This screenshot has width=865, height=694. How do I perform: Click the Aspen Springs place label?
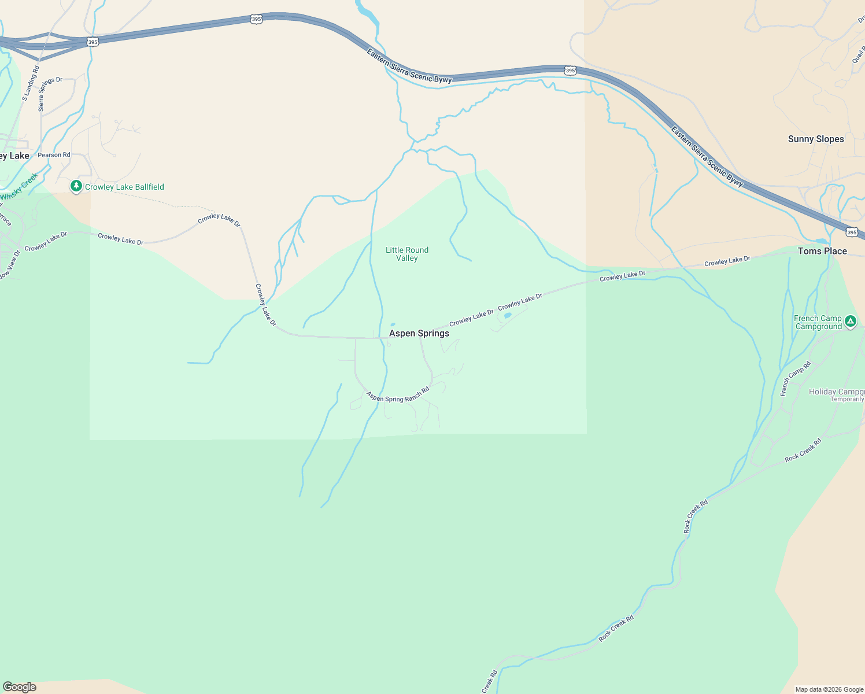pos(419,333)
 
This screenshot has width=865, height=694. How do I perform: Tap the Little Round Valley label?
pos(407,254)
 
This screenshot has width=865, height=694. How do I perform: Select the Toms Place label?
pos(822,251)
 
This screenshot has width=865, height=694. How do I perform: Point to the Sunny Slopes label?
pos(816,139)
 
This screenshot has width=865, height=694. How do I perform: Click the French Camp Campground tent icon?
pos(850,322)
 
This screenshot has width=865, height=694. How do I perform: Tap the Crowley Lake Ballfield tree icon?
pos(76,186)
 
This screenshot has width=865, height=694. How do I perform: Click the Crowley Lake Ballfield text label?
pos(124,187)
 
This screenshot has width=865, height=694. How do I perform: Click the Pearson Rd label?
pos(54,155)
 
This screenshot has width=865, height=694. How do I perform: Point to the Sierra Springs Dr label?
pos(50,93)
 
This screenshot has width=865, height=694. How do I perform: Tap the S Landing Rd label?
pos(31,83)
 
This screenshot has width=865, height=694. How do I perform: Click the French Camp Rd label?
pos(796,379)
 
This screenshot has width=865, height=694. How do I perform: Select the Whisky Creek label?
pos(19,187)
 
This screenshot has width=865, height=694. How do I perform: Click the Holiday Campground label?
pos(836,392)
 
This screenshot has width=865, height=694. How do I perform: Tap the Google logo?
pos(20,687)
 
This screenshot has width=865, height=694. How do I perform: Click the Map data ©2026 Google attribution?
pos(829,689)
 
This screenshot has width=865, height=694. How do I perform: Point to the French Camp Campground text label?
pos(818,322)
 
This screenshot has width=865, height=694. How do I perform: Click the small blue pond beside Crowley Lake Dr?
pos(508,316)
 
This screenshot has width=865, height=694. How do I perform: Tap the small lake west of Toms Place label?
pos(821,241)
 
